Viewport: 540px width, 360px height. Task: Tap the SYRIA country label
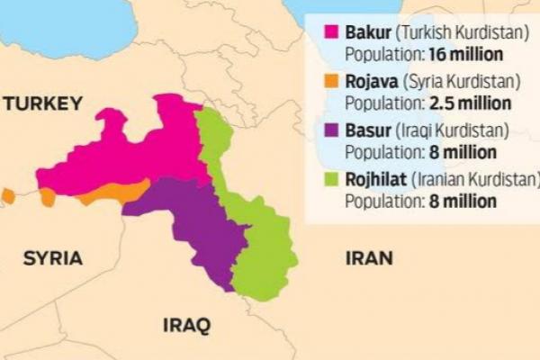tap(53, 258)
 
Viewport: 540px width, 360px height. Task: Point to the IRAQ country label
tap(185, 324)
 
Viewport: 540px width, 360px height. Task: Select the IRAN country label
tap(369, 258)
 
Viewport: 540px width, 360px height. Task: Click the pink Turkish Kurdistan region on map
tap(135, 153)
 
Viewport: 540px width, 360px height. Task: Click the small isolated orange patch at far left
tap(8, 195)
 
